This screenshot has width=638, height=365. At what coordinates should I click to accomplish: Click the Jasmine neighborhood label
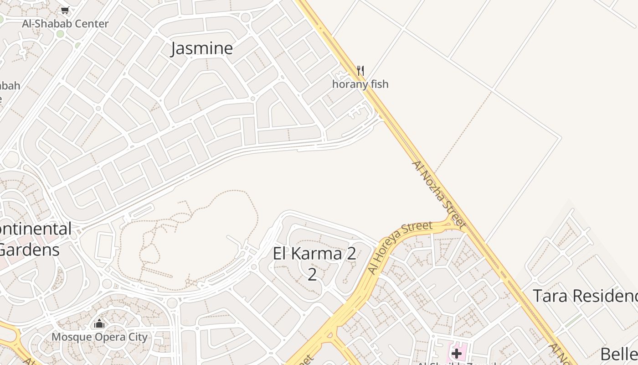tap(201, 48)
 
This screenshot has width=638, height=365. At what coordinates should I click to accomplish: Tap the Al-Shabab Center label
tap(65, 24)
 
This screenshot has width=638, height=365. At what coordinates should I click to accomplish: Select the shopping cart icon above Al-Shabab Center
tap(65, 10)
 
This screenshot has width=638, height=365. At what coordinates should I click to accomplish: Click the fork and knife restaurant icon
tap(360, 71)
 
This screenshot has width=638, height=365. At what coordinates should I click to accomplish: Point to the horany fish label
tap(360, 84)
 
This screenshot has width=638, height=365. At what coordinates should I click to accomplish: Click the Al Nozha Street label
tap(439, 194)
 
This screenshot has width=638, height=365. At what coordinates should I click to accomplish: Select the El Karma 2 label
tap(314, 254)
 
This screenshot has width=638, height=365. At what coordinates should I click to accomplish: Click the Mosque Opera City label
tap(99, 337)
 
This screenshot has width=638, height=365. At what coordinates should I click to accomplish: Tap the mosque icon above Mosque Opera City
tap(99, 324)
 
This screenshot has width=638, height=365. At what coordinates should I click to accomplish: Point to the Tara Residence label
tap(586, 296)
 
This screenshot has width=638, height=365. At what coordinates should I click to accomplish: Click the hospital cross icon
tap(457, 354)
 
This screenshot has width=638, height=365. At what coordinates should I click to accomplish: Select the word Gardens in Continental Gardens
tap(30, 250)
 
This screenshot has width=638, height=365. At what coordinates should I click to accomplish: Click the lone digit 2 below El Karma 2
tap(312, 275)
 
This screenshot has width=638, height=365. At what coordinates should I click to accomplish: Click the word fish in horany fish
tap(380, 84)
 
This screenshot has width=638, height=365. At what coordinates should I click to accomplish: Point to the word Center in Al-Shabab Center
tap(91, 24)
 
